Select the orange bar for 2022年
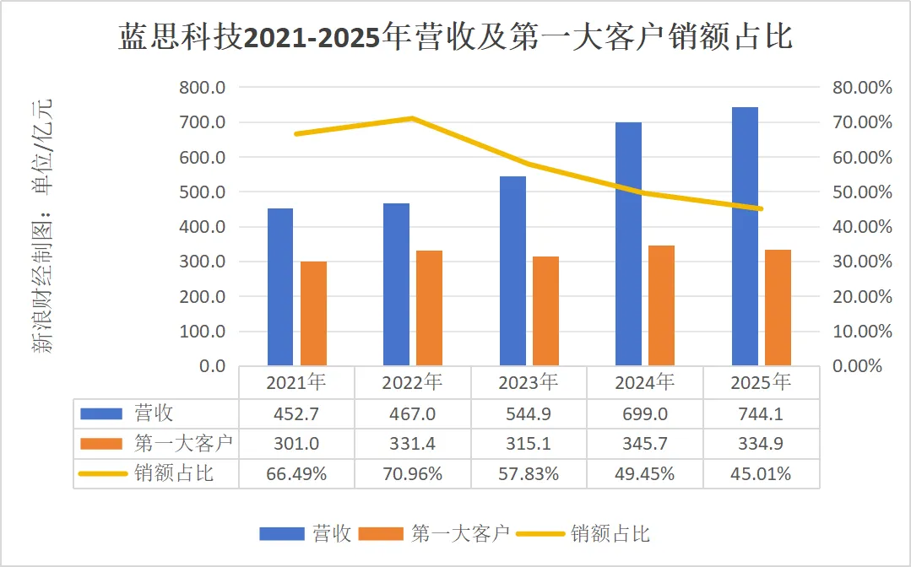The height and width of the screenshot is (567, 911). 429,308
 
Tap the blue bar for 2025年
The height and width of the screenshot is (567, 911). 745,236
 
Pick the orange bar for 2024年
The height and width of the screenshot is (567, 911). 661,305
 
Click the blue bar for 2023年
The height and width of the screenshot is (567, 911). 512,271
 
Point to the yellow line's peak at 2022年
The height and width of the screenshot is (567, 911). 412,118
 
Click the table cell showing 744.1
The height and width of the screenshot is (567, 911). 760,413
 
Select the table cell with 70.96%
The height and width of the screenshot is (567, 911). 412,473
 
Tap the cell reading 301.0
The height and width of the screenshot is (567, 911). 296,444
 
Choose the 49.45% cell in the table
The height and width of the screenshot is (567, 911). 644,473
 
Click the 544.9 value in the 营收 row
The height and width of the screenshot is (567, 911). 529,413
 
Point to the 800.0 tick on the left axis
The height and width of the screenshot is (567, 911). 202,88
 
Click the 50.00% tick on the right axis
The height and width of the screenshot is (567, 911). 856,192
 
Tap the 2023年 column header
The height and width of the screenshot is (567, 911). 529,382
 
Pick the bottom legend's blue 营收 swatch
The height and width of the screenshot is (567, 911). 281,533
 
